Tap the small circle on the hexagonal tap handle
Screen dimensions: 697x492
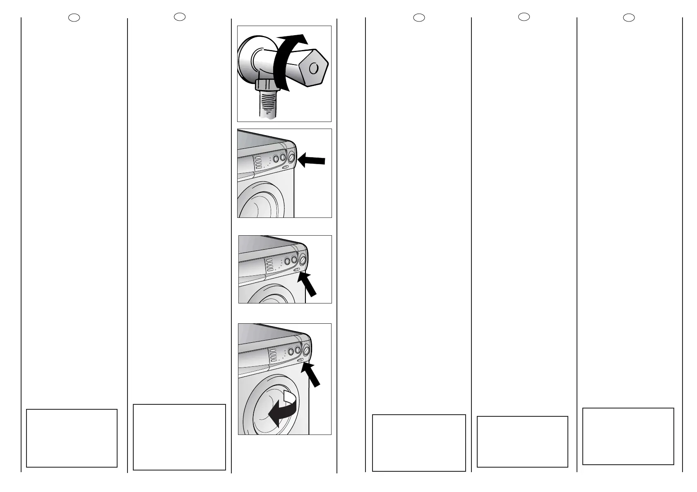[x=315, y=68]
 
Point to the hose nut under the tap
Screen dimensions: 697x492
[x=263, y=85]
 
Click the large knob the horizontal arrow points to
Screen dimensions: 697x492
[x=291, y=158]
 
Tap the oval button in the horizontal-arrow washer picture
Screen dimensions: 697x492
[x=285, y=167]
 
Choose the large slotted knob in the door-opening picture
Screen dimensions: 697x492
[x=306, y=351]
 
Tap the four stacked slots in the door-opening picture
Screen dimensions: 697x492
[x=273, y=356]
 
